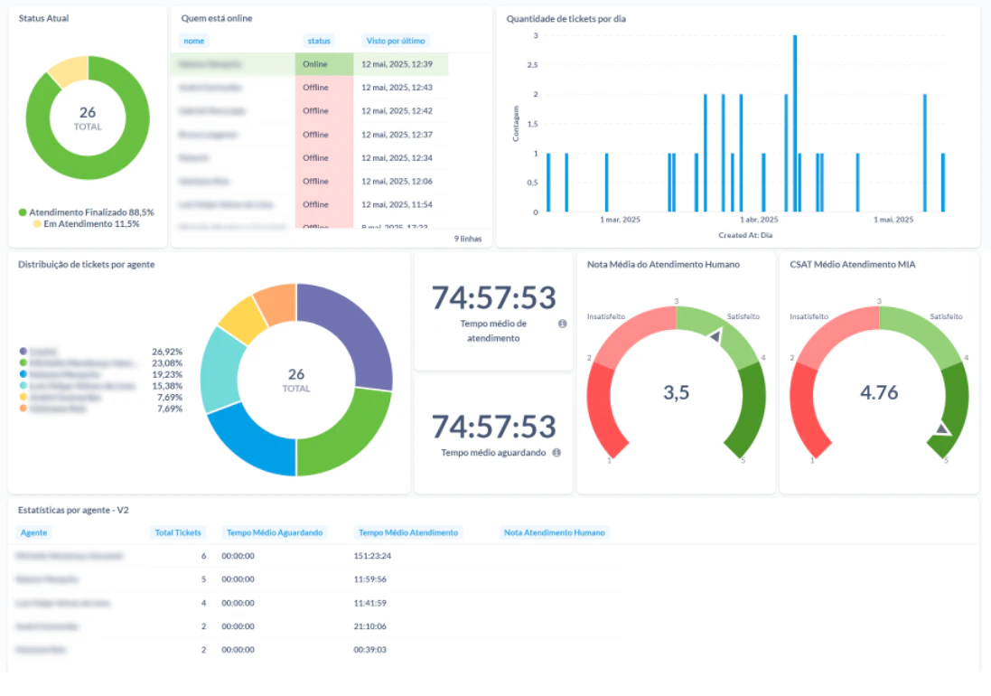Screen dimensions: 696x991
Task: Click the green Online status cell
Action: (315, 64)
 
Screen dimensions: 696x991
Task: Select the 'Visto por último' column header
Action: (395, 41)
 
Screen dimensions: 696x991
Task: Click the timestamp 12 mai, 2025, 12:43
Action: (397, 88)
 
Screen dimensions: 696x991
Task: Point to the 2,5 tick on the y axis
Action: (535, 65)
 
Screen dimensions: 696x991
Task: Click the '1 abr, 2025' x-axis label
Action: (759, 220)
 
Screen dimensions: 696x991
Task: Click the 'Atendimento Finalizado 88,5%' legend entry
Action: (86, 212)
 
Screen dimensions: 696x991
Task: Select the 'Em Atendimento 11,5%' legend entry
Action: (86, 223)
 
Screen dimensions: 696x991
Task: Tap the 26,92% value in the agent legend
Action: (167, 351)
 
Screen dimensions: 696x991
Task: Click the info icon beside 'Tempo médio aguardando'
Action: (556, 453)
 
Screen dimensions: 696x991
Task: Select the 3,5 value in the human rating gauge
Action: (676, 392)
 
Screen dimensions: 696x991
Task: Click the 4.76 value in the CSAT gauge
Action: (878, 392)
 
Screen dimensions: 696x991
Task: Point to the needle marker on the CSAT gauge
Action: (943, 428)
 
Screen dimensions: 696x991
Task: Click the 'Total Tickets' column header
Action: (178, 532)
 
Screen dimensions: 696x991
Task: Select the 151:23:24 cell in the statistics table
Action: (372, 556)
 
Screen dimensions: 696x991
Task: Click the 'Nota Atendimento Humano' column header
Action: (555, 532)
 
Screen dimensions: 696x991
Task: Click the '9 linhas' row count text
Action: (467, 240)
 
